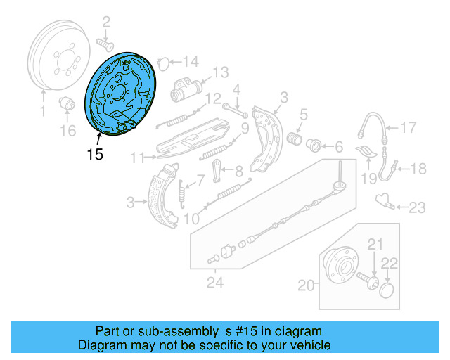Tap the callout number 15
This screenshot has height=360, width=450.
coord(95,153)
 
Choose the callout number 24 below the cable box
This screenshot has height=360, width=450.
coord(214,283)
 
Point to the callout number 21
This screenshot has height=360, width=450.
coord(375,244)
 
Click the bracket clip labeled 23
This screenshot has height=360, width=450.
coord(384,200)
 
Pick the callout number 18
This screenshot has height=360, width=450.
coord(418,169)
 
